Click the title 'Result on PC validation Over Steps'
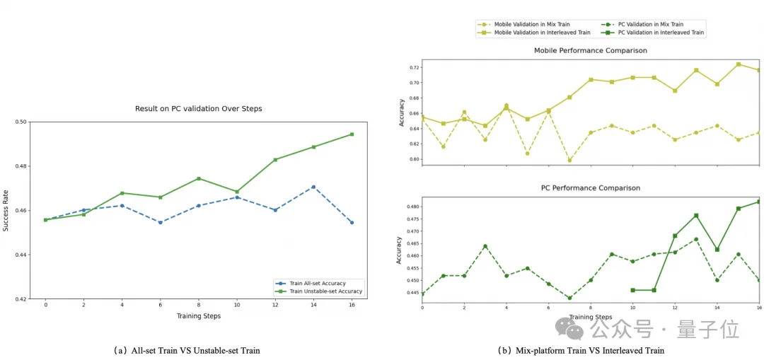(199, 109)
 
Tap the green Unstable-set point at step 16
(352, 134)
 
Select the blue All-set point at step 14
(313, 187)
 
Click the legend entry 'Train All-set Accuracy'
(318, 283)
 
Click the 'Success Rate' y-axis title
(6, 210)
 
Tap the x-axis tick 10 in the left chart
(237, 306)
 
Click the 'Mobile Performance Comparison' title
(591, 51)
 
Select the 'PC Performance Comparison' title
(591, 188)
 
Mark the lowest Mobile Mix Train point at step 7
(569, 161)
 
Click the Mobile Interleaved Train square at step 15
(739, 64)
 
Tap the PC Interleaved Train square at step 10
(632, 290)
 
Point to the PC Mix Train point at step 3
(485, 246)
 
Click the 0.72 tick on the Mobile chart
(414, 68)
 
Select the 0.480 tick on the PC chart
(412, 207)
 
